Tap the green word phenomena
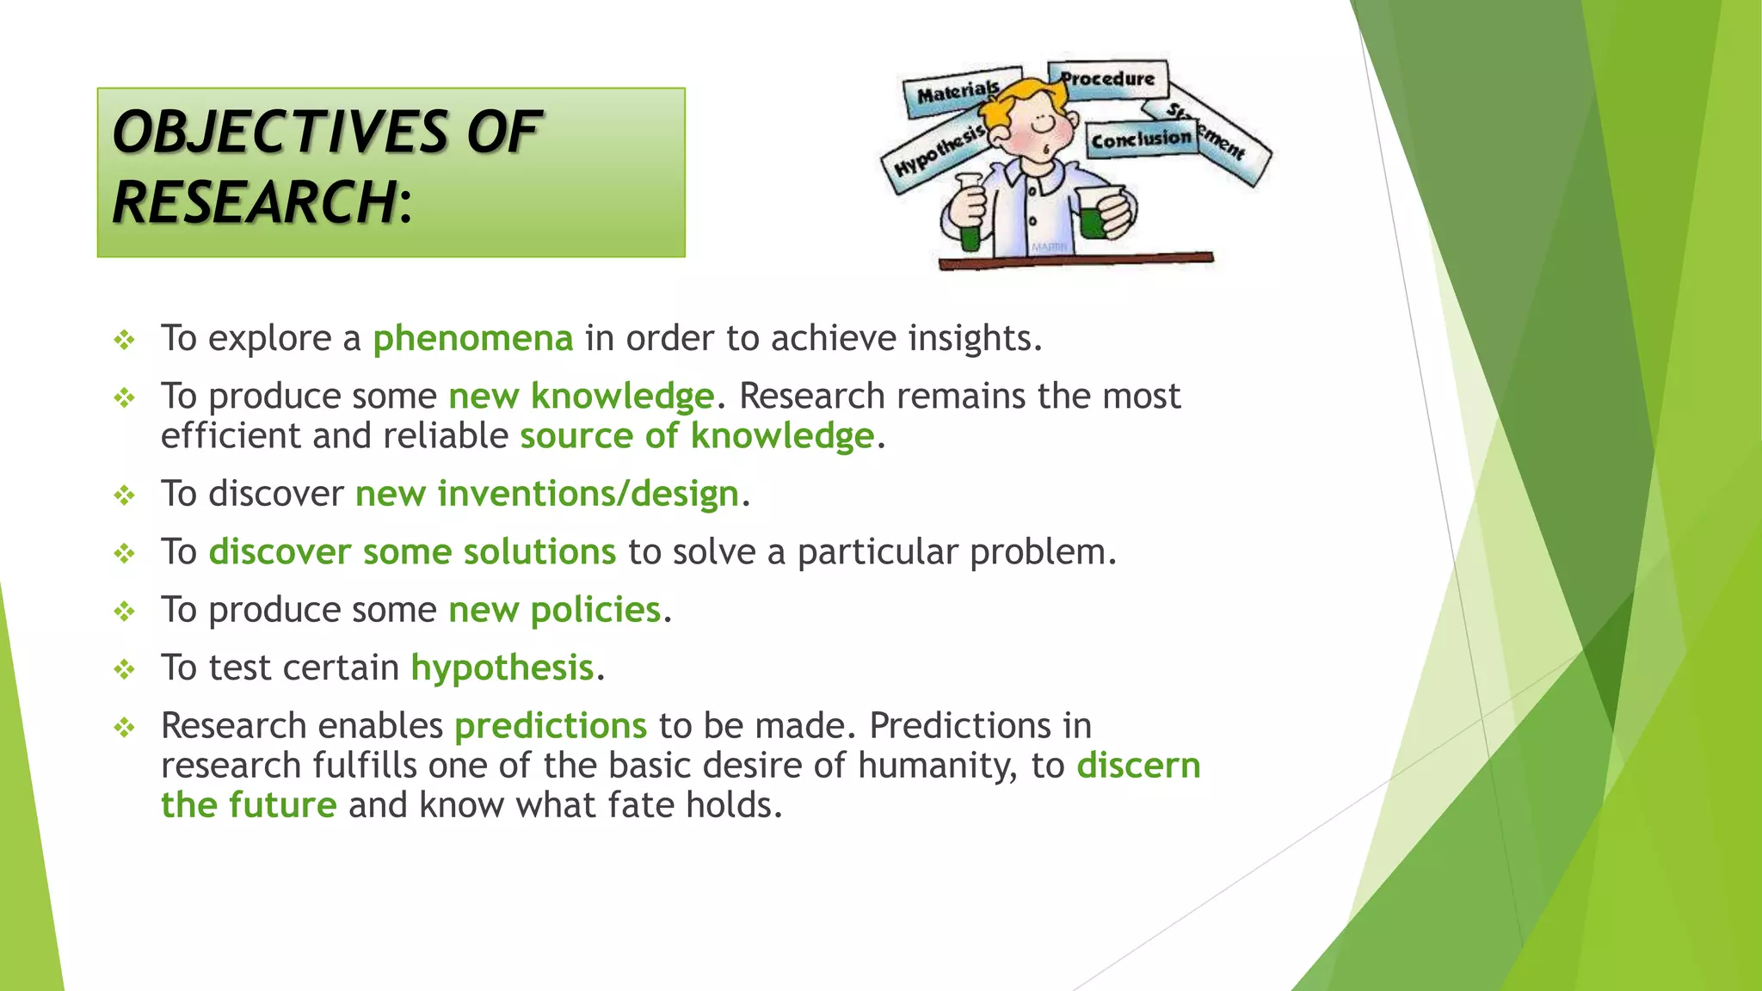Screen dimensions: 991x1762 click(472, 338)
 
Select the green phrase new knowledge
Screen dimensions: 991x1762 click(581, 397)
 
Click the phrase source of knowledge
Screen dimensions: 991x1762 click(697, 436)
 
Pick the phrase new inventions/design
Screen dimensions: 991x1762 click(547, 494)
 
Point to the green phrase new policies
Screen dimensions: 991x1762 click(554, 610)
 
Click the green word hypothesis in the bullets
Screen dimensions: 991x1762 click(502, 668)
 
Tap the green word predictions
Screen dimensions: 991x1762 click(551, 726)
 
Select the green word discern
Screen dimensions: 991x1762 click(1138, 766)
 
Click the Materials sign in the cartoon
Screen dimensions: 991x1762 click(958, 91)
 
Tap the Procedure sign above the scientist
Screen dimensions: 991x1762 click(1107, 79)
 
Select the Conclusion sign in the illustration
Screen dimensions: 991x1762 click(1141, 138)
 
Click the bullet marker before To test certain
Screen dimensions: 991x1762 click(125, 669)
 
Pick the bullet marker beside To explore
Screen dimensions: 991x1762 click(125, 340)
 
